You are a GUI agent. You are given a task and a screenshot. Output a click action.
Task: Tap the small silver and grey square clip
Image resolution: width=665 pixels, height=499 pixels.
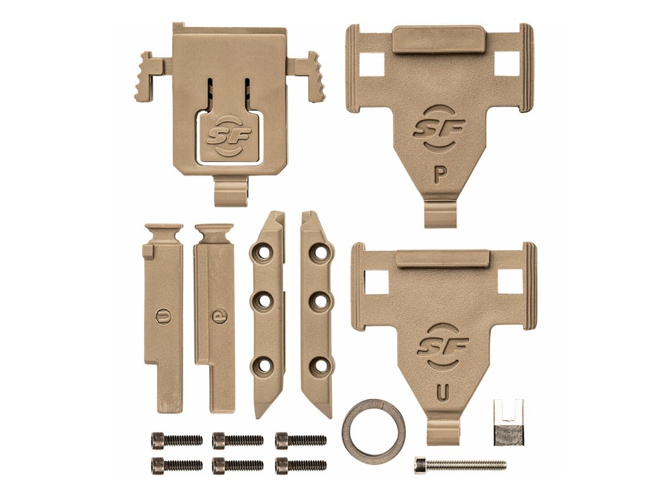tap(509, 422)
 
